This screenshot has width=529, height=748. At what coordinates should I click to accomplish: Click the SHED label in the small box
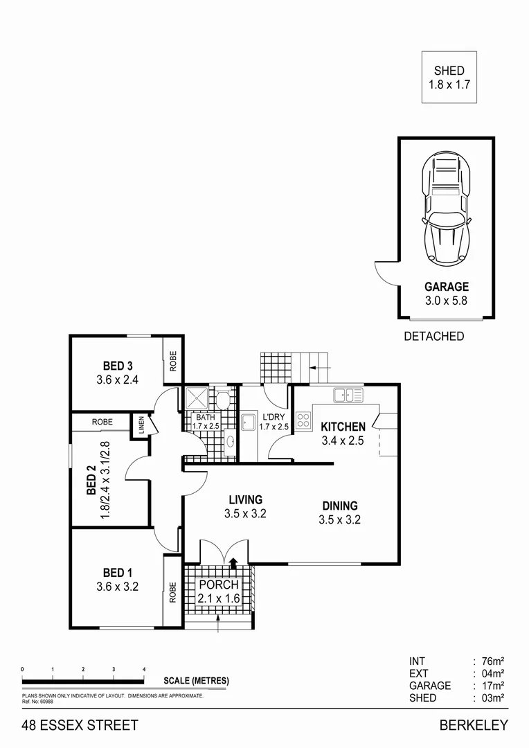449,71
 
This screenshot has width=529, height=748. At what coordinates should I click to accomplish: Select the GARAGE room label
447,287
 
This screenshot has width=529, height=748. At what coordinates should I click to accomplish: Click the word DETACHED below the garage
433,337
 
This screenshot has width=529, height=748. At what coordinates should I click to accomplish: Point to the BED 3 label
118,366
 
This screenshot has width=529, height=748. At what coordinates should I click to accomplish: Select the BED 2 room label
91,480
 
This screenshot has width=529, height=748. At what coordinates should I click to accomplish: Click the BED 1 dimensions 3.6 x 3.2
118,586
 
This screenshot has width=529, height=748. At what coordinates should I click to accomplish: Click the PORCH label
219,585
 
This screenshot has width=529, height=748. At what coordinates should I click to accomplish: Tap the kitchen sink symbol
348,395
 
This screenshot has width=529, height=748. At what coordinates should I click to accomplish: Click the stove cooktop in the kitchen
303,420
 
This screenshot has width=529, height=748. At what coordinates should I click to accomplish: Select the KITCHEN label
343,427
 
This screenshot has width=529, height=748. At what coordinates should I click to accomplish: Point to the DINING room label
339,506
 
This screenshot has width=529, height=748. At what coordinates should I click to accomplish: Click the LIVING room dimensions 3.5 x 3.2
245,514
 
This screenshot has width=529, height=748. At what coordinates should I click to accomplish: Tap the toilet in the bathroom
223,400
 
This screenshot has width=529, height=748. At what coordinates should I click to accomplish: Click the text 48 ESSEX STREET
80,726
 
